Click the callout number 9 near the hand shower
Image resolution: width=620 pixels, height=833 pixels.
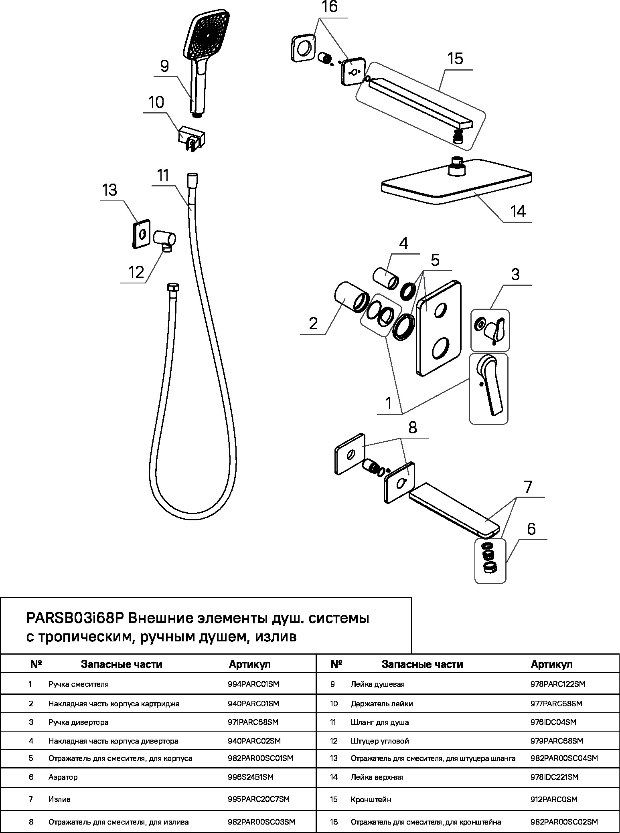pyautogui.click(x=164, y=66)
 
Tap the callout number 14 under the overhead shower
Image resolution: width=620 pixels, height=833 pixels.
pyautogui.click(x=518, y=211)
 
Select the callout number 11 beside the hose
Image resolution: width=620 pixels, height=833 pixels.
pyautogui.click(x=163, y=176)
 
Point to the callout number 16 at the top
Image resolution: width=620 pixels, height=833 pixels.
pyautogui.click(x=329, y=7)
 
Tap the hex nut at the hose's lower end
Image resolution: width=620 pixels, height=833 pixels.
pyautogui.click(x=173, y=288)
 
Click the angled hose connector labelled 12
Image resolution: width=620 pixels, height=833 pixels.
pyautogui.click(x=164, y=241)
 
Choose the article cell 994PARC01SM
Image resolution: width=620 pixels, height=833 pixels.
pyautogui.click(x=253, y=684)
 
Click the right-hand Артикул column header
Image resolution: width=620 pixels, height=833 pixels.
pyautogui.click(x=552, y=664)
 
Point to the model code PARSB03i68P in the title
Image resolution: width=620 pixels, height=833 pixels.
pyautogui.click(x=76, y=619)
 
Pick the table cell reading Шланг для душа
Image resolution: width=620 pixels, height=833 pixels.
pyautogui.click(x=380, y=722)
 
